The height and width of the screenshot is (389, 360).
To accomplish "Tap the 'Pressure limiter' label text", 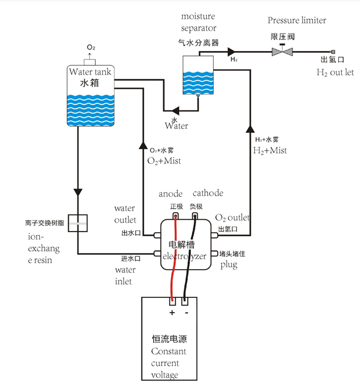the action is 297,21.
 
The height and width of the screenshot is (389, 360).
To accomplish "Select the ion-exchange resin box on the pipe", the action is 78,223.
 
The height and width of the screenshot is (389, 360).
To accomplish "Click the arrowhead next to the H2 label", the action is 231,52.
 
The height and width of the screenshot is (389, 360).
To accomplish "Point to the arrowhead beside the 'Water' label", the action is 176,110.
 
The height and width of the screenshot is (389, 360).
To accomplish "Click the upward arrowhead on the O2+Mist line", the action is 143,145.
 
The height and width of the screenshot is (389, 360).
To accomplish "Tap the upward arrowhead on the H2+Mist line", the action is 250,129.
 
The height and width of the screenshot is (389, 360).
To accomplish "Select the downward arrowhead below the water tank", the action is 78,192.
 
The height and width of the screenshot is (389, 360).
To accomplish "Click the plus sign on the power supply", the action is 172,313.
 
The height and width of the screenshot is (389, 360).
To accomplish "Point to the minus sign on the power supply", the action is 186,313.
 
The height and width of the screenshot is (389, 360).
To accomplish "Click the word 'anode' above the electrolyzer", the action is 170,194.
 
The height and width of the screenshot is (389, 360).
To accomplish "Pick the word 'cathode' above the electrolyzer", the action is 208,193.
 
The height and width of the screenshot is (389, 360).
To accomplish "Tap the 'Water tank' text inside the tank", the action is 90,72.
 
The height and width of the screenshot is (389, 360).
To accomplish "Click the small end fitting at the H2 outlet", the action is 333,52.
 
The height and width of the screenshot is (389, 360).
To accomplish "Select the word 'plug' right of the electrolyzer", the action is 229,265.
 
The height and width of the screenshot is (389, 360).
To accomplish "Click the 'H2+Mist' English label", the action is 270,150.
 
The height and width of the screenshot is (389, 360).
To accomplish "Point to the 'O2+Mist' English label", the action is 164,161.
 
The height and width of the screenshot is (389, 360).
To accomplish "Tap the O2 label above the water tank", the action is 91,47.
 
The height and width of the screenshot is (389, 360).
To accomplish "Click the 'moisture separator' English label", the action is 198,22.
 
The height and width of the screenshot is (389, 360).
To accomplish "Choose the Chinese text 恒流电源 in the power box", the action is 169,339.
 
